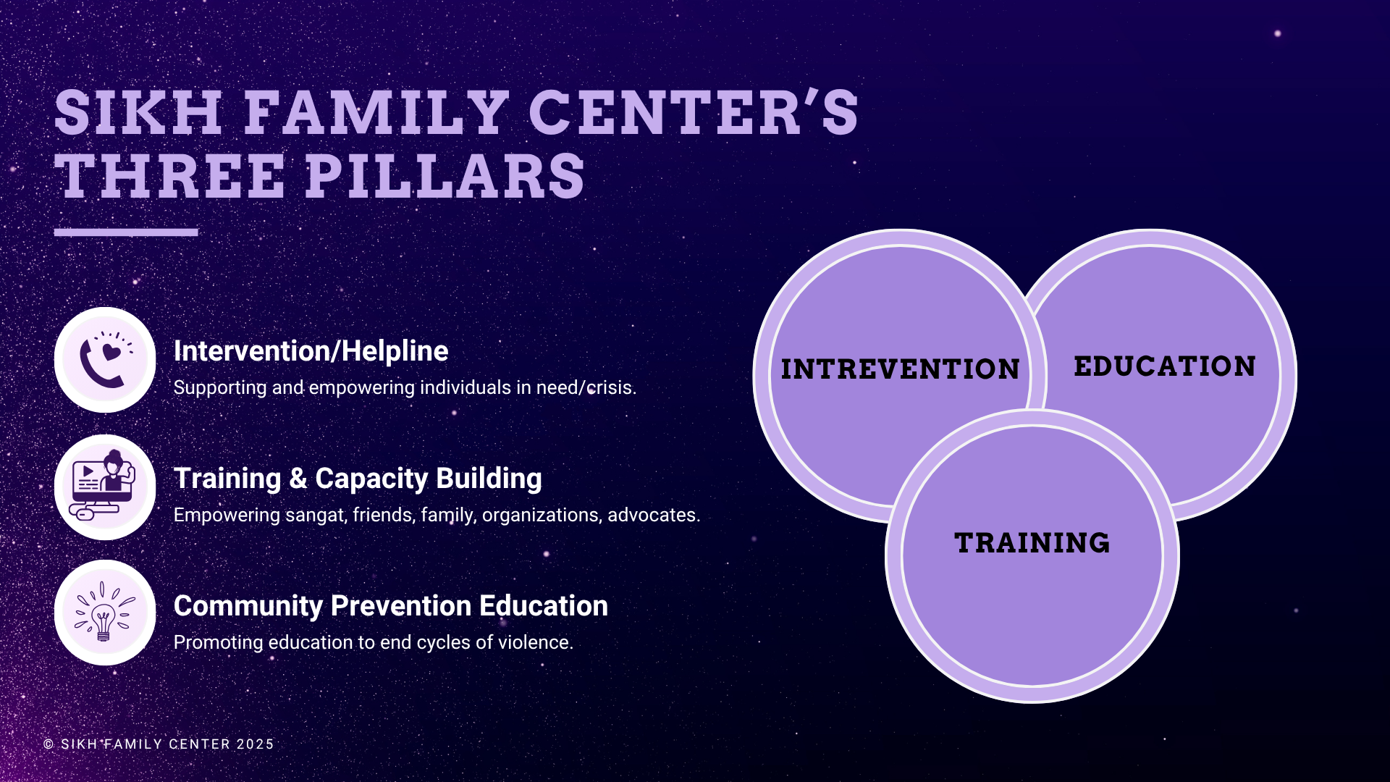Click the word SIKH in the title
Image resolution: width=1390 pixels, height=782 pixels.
click(x=138, y=113)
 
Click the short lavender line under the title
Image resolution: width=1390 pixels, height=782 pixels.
click(x=126, y=232)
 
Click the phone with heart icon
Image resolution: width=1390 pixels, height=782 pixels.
click(x=106, y=359)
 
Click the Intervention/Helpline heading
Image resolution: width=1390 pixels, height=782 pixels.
click(x=311, y=351)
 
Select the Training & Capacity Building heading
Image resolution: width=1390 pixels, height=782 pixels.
click(x=358, y=479)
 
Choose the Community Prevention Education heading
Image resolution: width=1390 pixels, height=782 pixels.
click(x=391, y=606)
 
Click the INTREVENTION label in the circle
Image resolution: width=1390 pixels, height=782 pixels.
click(x=900, y=369)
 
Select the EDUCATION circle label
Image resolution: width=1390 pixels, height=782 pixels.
click(x=1165, y=366)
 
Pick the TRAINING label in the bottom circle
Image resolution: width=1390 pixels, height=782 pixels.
click(x=1032, y=543)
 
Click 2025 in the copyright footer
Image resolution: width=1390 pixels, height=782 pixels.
click(x=256, y=744)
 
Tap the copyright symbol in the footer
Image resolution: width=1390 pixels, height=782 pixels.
click(x=49, y=744)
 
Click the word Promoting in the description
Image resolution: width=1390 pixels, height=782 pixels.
click(x=219, y=643)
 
